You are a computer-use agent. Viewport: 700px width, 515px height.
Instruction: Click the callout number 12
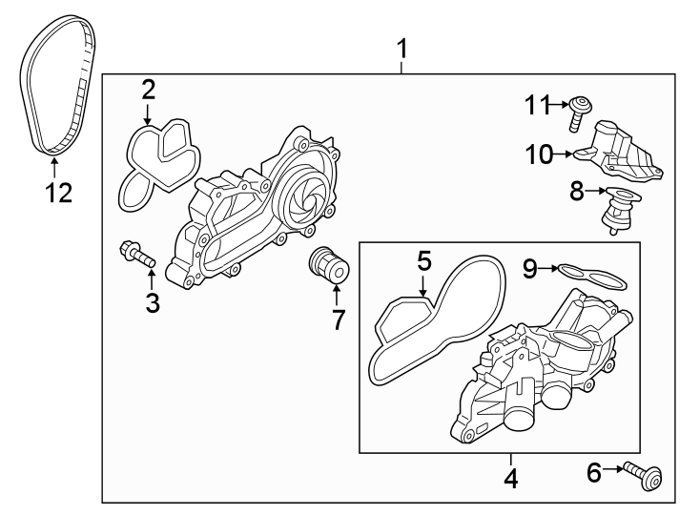(58, 193)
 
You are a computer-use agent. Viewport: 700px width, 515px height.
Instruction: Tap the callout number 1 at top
(403, 49)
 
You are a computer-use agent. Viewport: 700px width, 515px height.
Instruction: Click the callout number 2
(149, 90)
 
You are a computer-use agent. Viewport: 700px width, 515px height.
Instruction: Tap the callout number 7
(337, 319)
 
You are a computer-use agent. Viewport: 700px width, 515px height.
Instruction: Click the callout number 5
(424, 258)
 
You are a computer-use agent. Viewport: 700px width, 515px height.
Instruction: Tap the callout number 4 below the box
(511, 477)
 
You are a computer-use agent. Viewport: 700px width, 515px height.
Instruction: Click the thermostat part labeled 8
(614, 210)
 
